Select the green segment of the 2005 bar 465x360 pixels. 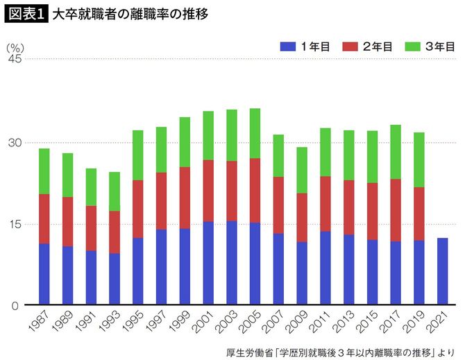(x=255, y=133)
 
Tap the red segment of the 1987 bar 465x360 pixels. (x=44, y=218)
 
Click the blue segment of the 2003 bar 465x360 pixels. (x=231, y=263)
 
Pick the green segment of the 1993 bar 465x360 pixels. (x=115, y=191)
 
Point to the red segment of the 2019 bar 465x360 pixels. (x=418, y=214)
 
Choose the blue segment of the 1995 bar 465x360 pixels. (x=137, y=271)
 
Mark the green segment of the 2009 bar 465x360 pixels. (x=301, y=170)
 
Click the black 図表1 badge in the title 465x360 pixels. (x=26, y=13)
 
